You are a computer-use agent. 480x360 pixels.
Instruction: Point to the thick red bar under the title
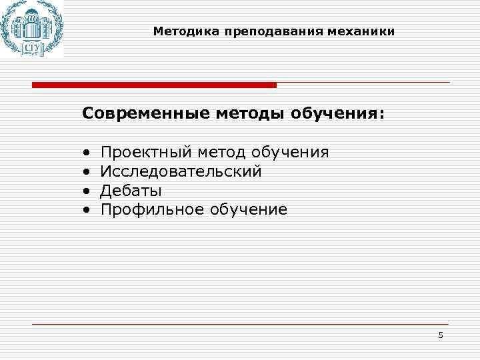[x=154, y=85]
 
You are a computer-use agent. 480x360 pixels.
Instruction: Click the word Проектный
[x=145, y=152]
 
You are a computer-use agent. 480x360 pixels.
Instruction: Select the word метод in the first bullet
[x=218, y=152]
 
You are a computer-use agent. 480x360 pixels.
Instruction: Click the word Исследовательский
[x=181, y=171]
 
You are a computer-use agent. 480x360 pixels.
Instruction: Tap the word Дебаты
[x=131, y=191]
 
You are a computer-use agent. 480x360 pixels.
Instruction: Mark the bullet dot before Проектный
[x=87, y=153]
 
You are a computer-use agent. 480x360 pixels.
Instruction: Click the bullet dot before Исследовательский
[x=87, y=172]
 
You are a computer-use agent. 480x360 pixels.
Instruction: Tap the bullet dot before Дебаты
[x=87, y=191]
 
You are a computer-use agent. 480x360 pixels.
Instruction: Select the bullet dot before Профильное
[x=87, y=211]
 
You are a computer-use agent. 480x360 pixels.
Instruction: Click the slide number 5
[x=440, y=335]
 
